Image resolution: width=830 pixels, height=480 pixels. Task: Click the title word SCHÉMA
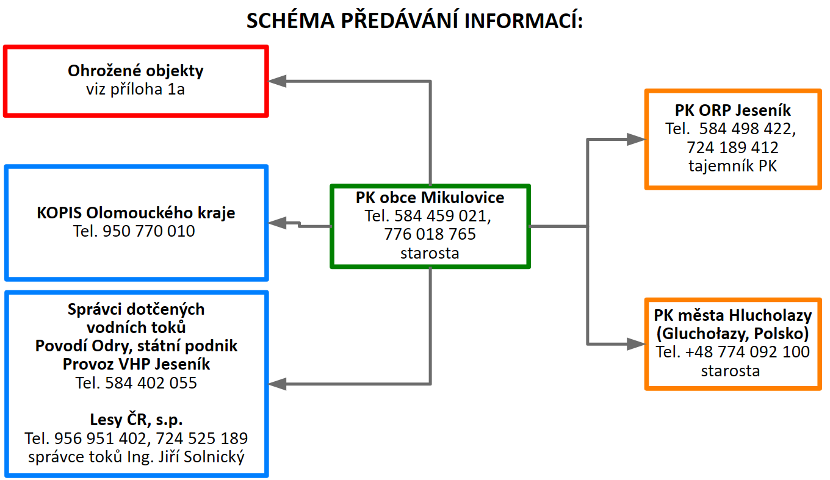pyautogui.click(x=290, y=20)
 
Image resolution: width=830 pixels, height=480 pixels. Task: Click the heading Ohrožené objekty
pyautogui.click(x=135, y=71)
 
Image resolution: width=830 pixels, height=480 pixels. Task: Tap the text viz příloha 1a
pyautogui.click(x=135, y=89)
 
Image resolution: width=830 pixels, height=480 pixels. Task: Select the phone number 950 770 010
pyautogui.click(x=148, y=231)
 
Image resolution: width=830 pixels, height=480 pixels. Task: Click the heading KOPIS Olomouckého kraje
pyautogui.click(x=136, y=213)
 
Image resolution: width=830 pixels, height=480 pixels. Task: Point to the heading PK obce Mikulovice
pyautogui.click(x=430, y=198)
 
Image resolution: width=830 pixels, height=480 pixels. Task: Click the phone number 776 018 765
pyautogui.click(x=430, y=234)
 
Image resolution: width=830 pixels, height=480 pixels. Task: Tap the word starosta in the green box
pyautogui.click(x=430, y=253)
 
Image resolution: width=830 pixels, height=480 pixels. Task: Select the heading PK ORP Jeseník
pyautogui.click(x=733, y=110)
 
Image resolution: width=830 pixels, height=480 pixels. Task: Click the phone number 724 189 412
pyautogui.click(x=732, y=148)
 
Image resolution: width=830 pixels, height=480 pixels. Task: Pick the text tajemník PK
pyautogui.click(x=732, y=166)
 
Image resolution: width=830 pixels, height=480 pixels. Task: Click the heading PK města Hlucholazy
pyautogui.click(x=733, y=315)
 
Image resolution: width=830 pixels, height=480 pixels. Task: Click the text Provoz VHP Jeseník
pyautogui.click(x=136, y=364)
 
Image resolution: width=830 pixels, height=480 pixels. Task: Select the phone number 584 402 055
pyautogui.click(x=151, y=383)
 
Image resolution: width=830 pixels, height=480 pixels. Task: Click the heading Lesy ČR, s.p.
pyautogui.click(x=136, y=420)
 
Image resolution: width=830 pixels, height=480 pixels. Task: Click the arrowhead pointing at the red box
pyautogui.click(x=277, y=81)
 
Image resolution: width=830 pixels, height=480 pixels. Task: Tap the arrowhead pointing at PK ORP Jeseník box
pyautogui.click(x=636, y=139)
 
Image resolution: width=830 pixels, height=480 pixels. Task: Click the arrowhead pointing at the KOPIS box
pyautogui.click(x=277, y=223)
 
